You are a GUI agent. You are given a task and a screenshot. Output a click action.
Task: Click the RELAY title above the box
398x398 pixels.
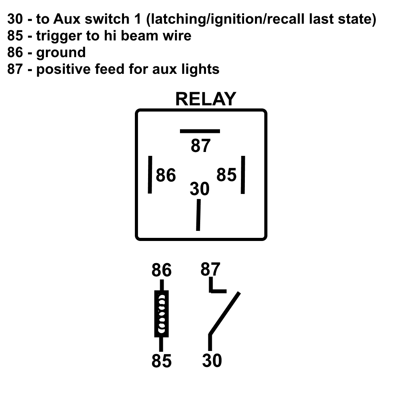click(x=206, y=99)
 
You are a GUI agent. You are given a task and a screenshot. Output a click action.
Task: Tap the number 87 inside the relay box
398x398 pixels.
click(x=201, y=146)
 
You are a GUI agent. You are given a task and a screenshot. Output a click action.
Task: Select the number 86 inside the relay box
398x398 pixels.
click(x=166, y=175)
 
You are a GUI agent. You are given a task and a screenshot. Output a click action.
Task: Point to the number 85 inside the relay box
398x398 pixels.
click(x=227, y=175)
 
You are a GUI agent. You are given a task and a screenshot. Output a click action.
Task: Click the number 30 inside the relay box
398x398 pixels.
click(x=199, y=189)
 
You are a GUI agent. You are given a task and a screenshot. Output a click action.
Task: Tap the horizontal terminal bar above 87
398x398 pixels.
click(x=200, y=131)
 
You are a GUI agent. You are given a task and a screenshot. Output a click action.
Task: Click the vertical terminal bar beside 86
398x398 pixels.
click(x=150, y=175)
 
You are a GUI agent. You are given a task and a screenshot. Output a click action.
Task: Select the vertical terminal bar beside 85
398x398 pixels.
click(x=243, y=175)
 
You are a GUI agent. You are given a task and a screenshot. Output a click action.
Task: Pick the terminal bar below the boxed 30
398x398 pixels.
click(x=198, y=215)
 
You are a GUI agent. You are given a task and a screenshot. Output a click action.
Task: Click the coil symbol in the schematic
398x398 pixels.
click(x=161, y=314)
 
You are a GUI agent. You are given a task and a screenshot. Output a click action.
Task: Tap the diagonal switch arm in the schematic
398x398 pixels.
click(x=224, y=313)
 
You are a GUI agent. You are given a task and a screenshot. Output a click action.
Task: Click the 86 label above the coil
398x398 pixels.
click(x=161, y=270)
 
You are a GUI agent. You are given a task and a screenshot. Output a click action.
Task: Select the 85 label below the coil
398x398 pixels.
click(x=161, y=361)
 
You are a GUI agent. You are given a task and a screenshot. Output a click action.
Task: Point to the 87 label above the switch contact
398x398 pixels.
click(x=210, y=269)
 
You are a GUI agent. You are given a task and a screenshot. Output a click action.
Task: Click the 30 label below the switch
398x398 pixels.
click(x=212, y=360)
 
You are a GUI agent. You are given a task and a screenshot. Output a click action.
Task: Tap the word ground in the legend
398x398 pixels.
click(x=61, y=53)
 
